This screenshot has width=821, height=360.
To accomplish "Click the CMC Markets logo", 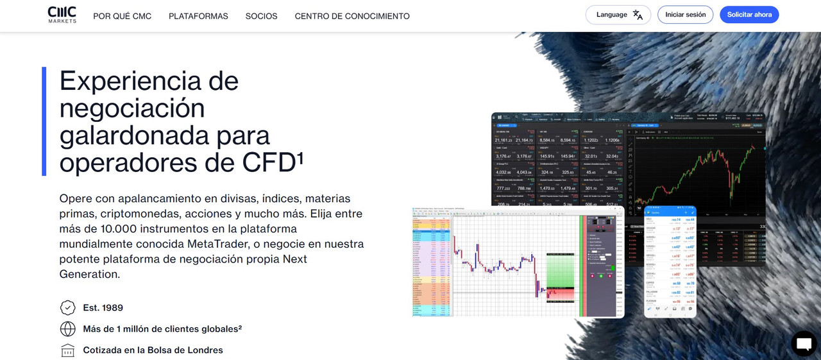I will pos(62,15).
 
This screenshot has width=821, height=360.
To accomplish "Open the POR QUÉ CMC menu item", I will pos(123,16).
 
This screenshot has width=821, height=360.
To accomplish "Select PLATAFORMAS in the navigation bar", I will pos(198,16).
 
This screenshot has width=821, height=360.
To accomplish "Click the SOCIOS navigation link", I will pos(261,16).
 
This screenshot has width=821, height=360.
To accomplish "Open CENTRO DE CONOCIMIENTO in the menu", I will pos(352,16).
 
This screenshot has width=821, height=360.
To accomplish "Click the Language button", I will pos(618,15).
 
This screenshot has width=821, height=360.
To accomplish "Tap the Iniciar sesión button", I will pos(685,15).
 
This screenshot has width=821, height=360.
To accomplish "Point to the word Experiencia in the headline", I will pos(149,81).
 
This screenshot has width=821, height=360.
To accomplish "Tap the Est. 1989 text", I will pos(103,308).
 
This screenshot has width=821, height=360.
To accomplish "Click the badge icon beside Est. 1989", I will pos(67,308).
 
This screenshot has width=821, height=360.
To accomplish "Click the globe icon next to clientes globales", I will pos(67,329).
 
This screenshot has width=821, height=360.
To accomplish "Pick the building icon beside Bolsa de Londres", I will pos(67,350).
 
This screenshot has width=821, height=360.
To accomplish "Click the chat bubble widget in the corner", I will pos(804,344).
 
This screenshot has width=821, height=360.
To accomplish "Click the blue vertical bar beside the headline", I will pos(44,121).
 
